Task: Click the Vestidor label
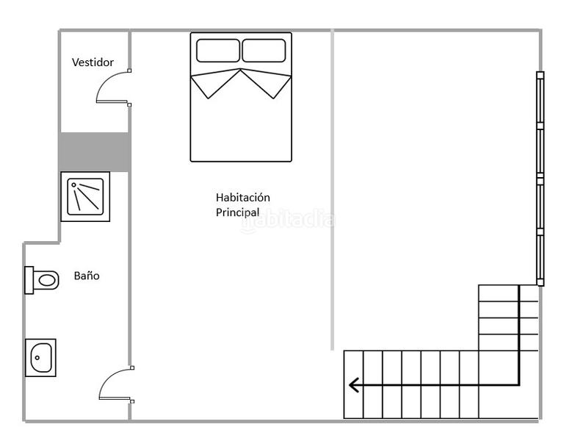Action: pos(93,62)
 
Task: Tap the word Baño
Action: pos(87,276)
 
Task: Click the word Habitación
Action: pos(243,198)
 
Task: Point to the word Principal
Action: pos(237,212)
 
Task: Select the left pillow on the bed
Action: pos(217,51)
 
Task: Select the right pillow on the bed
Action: pos(264,51)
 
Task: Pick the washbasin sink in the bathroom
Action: pos(40,358)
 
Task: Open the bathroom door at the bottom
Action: pos(115,384)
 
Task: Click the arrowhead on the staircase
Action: pos(354,384)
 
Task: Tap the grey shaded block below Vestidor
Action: pos(95,152)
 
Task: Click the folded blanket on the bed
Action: pos(241,83)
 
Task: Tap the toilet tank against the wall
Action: pos(29,279)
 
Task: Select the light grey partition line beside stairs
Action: pos(333,191)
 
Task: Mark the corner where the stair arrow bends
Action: pos(519,384)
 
